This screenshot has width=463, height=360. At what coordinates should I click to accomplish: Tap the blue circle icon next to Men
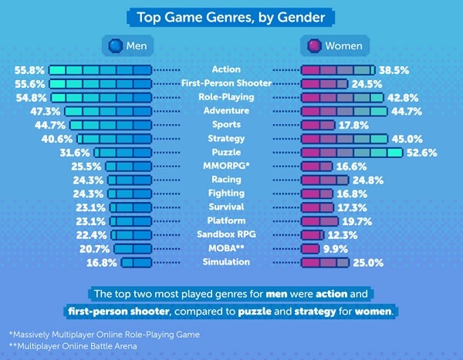click(x=113, y=45)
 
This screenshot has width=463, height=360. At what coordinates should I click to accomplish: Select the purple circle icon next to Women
click(x=313, y=45)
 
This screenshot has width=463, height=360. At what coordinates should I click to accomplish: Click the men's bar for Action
click(x=100, y=69)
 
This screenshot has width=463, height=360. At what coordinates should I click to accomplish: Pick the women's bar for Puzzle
click(x=351, y=153)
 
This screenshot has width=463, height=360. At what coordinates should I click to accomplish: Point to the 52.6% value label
click(x=422, y=153)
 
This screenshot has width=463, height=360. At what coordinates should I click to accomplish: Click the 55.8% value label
click(x=30, y=69)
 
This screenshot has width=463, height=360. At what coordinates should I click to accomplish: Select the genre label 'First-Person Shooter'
click(x=226, y=83)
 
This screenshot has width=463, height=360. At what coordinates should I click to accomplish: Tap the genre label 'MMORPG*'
click(x=226, y=167)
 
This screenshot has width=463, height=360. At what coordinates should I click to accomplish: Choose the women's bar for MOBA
click(x=309, y=249)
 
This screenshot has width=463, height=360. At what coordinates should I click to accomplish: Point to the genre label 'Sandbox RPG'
click(x=226, y=235)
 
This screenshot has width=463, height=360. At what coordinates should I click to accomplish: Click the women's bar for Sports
click(x=317, y=125)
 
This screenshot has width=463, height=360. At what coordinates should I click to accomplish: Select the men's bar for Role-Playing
click(x=102, y=97)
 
